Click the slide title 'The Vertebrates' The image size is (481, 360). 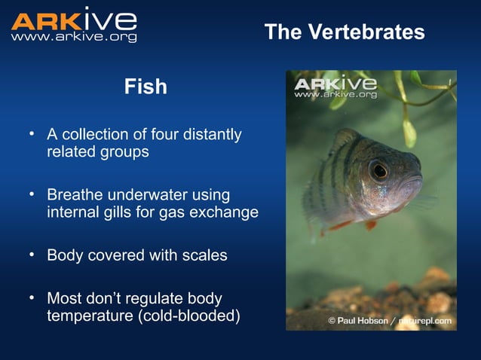[x=345, y=32]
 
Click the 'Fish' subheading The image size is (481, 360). [x=146, y=87]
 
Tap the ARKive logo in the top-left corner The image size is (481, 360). [x=74, y=18]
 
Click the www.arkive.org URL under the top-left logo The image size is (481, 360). [x=74, y=37]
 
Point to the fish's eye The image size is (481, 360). [x=379, y=170]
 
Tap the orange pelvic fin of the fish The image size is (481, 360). [x=370, y=224]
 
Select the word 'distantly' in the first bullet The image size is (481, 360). [x=213, y=135]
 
